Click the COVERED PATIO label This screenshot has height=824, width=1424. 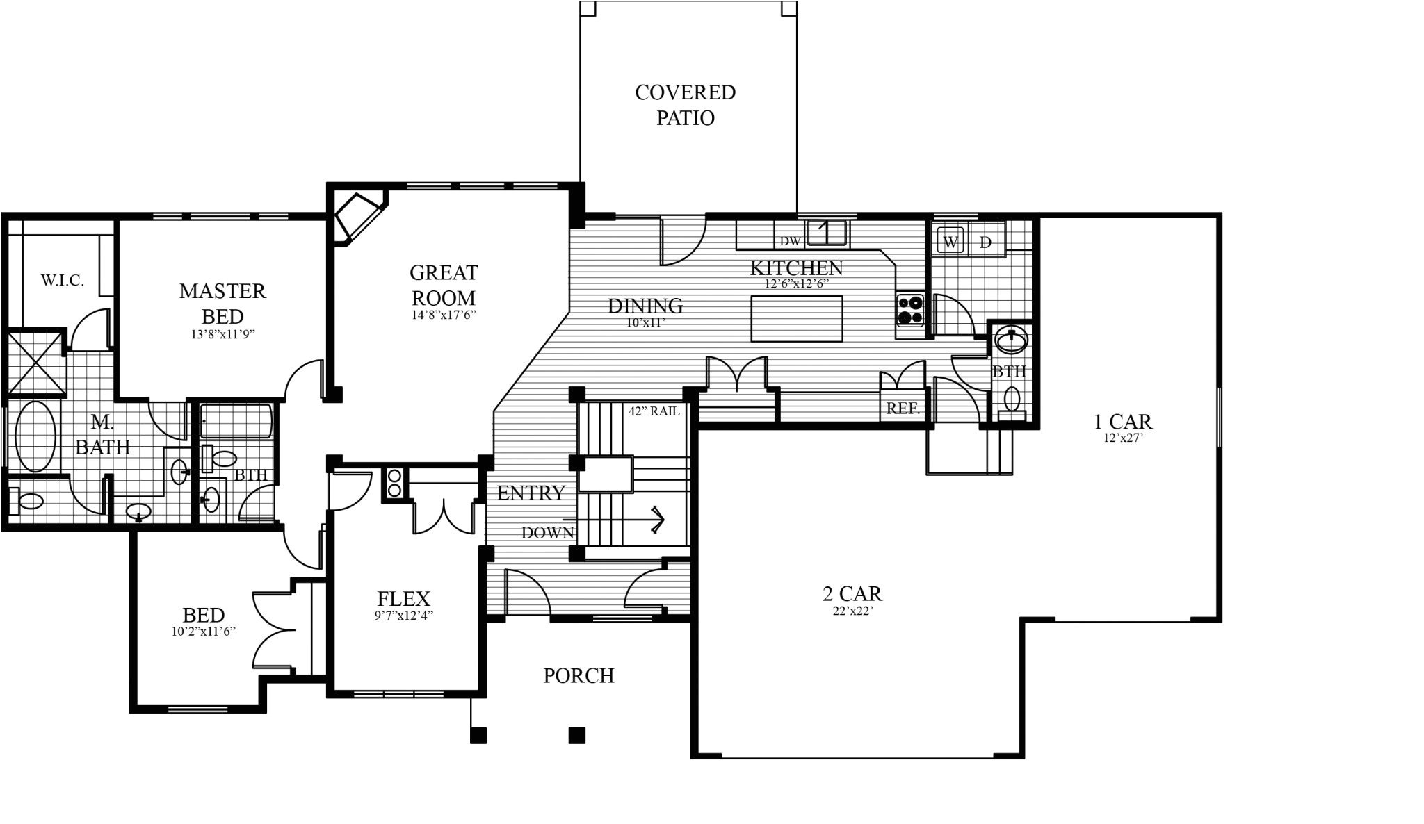(x=685, y=105)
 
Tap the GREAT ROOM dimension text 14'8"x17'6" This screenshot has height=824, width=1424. (x=444, y=315)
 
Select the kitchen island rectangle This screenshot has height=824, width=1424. (x=797, y=318)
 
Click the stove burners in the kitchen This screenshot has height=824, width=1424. (x=910, y=310)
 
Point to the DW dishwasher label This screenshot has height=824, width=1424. (x=790, y=241)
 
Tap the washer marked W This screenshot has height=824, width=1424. (x=950, y=242)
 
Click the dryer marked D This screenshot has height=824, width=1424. (x=985, y=242)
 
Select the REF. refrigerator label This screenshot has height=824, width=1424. (x=903, y=409)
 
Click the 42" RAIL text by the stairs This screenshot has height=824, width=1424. (x=654, y=411)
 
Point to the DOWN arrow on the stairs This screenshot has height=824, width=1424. (x=656, y=519)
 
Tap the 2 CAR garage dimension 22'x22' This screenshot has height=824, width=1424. (x=852, y=611)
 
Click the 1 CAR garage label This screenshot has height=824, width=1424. (x=1122, y=421)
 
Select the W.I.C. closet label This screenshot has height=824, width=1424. (x=62, y=281)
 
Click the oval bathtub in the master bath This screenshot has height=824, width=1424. (x=35, y=437)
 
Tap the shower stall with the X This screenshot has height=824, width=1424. (x=36, y=364)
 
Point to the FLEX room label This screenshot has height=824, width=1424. (x=403, y=598)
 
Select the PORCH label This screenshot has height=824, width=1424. (x=578, y=675)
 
